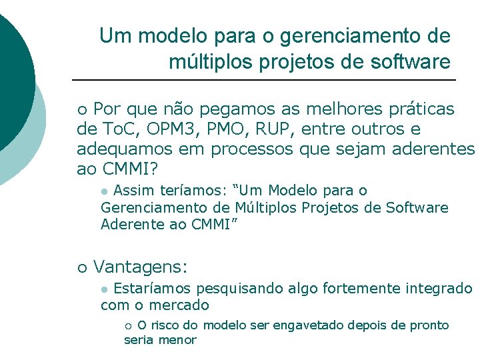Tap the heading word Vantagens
(x=140, y=267)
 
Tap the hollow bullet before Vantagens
(x=82, y=268)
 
